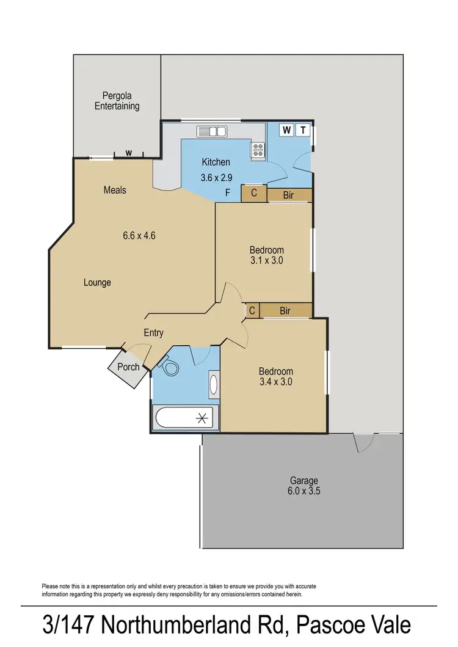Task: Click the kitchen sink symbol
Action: (x=212, y=131)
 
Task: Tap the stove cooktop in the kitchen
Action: (x=258, y=148)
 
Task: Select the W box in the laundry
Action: (x=286, y=130)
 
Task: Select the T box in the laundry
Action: (x=304, y=130)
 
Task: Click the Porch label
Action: (x=128, y=367)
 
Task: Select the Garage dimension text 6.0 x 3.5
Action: (x=304, y=491)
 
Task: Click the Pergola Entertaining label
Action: (x=117, y=101)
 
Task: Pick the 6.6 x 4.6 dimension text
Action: (x=139, y=235)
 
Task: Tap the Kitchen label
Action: (x=216, y=162)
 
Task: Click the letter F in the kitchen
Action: (x=228, y=194)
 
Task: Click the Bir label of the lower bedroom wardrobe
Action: (x=285, y=311)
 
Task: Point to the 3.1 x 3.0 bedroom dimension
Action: (x=266, y=260)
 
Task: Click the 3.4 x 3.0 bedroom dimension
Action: (x=276, y=381)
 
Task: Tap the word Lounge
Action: (x=98, y=282)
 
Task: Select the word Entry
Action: (x=153, y=332)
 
